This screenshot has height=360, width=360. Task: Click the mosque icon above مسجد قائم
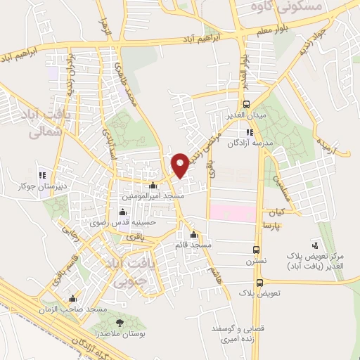(x=194, y=235)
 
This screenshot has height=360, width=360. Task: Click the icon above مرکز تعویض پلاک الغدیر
(x=314, y=245)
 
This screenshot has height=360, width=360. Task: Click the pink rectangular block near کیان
(x=233, y=211)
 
